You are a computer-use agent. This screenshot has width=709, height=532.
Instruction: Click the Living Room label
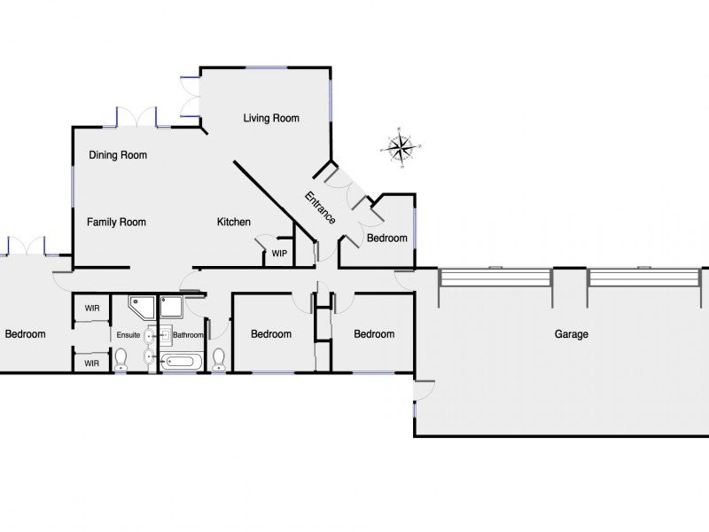(271, 119)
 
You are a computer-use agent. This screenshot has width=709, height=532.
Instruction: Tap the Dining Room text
(118, 155)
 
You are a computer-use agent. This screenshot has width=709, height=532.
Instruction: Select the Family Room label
(116, 223)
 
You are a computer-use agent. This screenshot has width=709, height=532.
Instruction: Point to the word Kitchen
(234, 223)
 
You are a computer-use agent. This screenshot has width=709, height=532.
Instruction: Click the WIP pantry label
(279, 254)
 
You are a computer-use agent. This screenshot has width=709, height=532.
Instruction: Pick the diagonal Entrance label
(320, 208)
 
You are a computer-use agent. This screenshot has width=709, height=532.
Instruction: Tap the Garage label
(572, 334)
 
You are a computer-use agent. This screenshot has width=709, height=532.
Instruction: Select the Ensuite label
(129, 335)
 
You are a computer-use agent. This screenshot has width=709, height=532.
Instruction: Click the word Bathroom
(188, 335)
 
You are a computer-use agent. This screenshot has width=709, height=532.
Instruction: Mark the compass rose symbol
(401, 147)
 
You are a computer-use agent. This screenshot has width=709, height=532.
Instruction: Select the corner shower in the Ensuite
(142, 307)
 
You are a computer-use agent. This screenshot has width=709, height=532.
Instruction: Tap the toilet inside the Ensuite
(121, 359)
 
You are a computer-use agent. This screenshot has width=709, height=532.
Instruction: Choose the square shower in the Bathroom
(171, 307)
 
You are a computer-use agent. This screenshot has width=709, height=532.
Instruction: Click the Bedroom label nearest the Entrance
(387, 238)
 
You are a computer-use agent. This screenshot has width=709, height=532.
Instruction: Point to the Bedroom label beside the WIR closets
(26, 334)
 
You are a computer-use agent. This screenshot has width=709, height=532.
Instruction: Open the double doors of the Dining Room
(136, 117)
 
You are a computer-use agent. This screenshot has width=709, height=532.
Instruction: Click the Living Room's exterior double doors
(190, 97)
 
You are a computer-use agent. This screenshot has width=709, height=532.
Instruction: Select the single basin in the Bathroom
(166, 335)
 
